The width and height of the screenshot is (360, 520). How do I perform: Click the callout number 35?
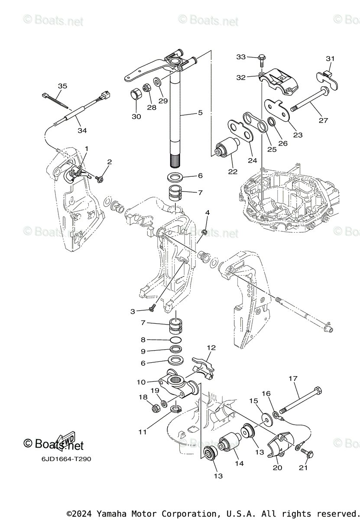click(x=62, y=86)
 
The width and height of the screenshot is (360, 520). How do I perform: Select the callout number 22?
click(x=233, y=172)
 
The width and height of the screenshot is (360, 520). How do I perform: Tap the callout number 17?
click(x=293, y=378)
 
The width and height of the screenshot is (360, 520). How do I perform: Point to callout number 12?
click(x=211, y=348)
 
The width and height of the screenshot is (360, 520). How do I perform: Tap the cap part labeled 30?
click(x=136, y=94)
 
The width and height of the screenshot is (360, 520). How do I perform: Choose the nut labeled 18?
click(x=154, y=408)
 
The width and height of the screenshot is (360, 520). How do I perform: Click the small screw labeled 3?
click(x=152, y=309)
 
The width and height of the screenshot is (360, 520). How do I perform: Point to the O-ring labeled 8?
click(x=175, y=340)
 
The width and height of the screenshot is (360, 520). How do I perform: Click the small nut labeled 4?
click(x=205, y=232)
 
